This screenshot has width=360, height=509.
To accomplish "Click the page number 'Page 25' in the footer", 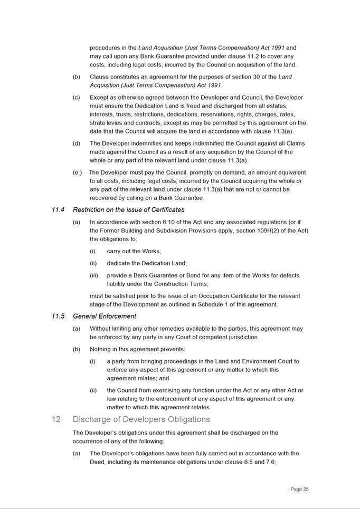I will click(x=299, y=489).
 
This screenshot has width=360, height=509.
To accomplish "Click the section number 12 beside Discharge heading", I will click(x=56, y=419).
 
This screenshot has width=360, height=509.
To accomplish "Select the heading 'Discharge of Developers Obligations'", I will click(x=141, y=419).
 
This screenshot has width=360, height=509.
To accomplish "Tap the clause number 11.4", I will click(x=58, y=210).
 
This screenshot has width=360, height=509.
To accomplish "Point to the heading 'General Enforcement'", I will click(x=105, y=316).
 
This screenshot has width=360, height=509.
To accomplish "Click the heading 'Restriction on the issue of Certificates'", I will click(x=129, y=210).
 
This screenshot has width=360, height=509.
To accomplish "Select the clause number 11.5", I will click(x=58, y=316).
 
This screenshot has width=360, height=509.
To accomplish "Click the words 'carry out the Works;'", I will click(x=134, y=251).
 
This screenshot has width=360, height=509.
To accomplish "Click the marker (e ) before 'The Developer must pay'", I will click(x=77, y=172).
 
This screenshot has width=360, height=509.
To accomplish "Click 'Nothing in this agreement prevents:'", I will click(x=137, y=349).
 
